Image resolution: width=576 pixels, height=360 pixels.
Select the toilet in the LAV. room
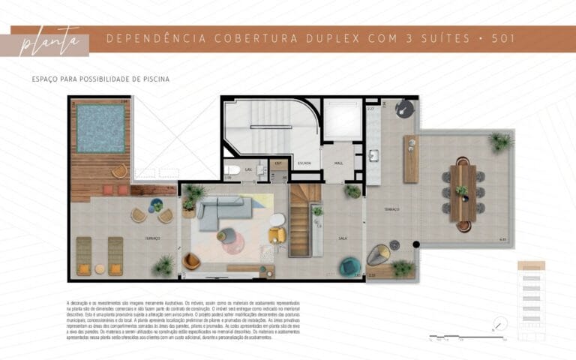tap(233, 170)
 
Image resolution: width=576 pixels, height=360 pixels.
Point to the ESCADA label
tap(304, 161)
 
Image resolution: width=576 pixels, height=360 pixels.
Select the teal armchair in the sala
tap(349, 265)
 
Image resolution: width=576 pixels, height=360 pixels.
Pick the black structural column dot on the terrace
tap(416, 244)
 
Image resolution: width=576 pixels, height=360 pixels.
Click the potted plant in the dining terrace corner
tap(499, 141)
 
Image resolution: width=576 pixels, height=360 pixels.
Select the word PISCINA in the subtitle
tap(154, 79)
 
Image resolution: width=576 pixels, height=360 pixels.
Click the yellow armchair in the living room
tap(277, 235)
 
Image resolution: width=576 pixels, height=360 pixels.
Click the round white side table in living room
tap(277, 220)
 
